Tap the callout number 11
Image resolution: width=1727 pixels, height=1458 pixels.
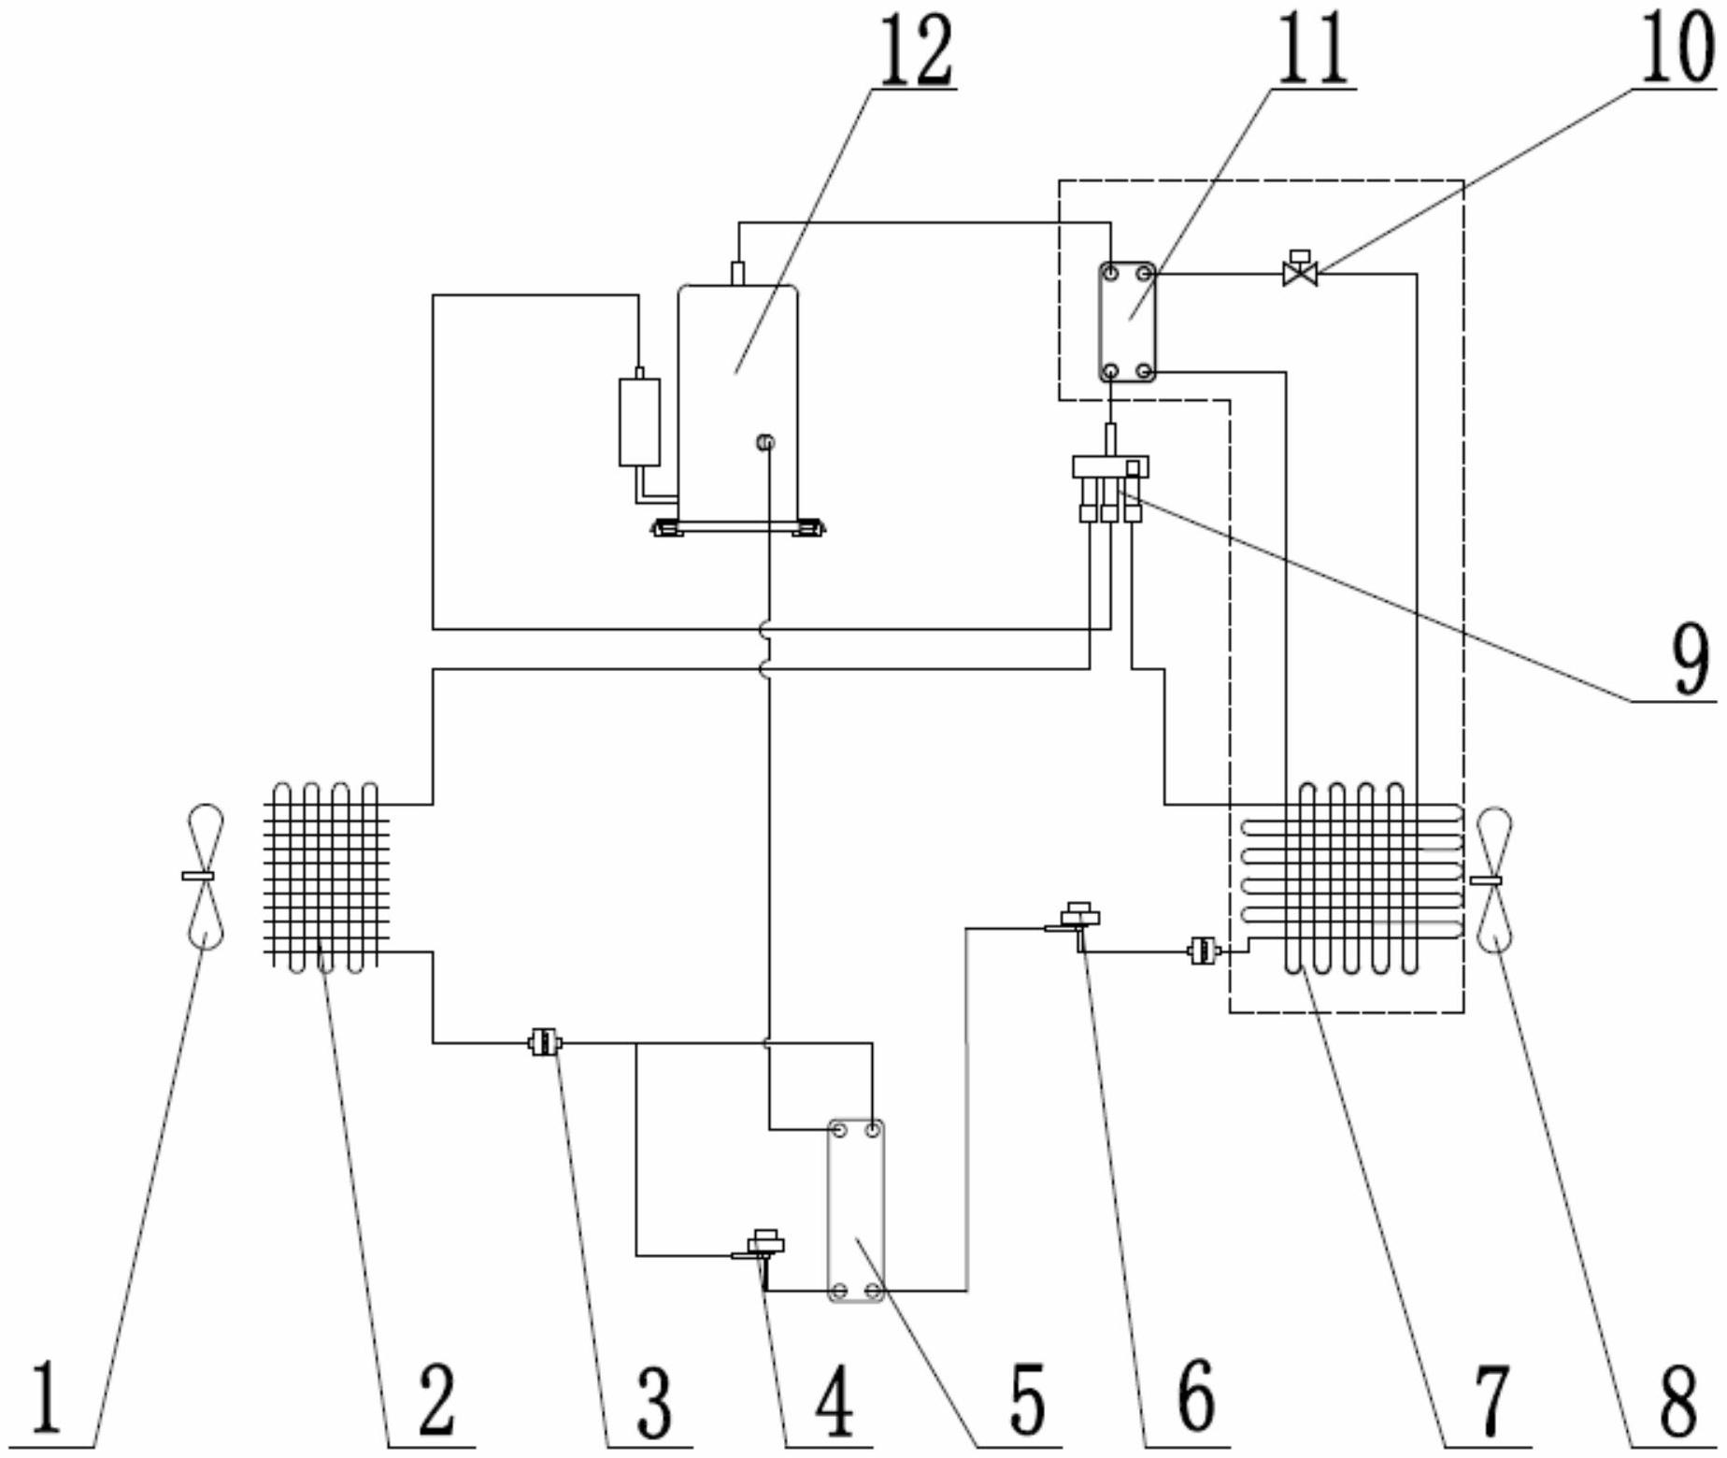click(1313, 49)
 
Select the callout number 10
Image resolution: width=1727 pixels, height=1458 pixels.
click(1677, 47)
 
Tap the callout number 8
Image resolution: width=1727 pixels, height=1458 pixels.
click(1677, 1402)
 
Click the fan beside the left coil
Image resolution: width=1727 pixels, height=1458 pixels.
click(204, 876)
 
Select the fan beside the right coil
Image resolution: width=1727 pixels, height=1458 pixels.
click(1492, 879)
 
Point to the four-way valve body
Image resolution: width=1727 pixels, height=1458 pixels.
click(1109, 466)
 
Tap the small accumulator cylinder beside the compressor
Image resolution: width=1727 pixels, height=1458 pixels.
click(639, 422)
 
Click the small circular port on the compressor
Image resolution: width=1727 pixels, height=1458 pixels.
click(765, 442)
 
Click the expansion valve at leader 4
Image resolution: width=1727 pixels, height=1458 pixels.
click(765, 1246)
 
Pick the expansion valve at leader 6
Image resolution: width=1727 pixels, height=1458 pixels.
click(1079, 917)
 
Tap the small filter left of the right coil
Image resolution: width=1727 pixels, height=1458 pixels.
click(1204, 951)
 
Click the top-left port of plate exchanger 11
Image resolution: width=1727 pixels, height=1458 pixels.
click(1110, 274)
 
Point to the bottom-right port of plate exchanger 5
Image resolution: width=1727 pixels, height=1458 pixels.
click(873, 1291)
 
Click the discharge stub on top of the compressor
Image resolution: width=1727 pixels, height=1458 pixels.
click(737, 273)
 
